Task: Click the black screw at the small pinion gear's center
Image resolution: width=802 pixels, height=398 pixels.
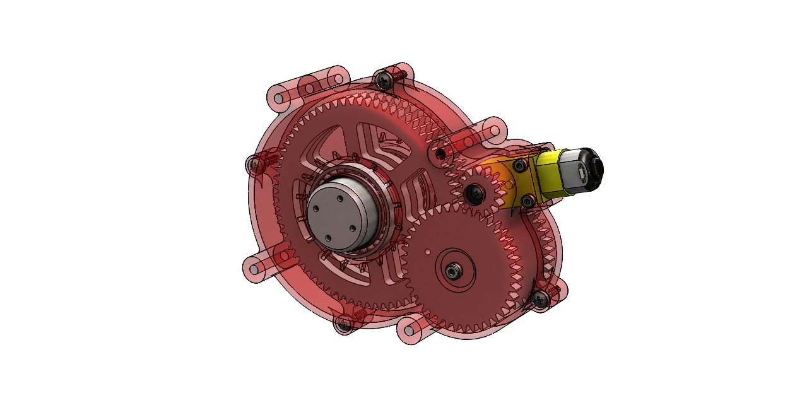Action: point(472,192)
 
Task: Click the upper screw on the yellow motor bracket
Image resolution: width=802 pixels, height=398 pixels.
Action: point(519,165)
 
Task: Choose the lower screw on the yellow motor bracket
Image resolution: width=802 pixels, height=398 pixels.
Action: point(526,201)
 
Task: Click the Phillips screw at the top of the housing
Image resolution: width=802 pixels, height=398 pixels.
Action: point(384,79)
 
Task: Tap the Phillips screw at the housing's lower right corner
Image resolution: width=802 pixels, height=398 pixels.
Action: point(540,299)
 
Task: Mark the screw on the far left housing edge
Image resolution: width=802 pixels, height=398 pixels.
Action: point(254,165)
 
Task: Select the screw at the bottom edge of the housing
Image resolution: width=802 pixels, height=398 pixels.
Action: point(344,324)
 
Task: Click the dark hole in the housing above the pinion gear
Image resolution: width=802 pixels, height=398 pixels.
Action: point(440,152)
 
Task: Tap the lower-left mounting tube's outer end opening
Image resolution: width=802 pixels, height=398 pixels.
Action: point(253,269)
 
